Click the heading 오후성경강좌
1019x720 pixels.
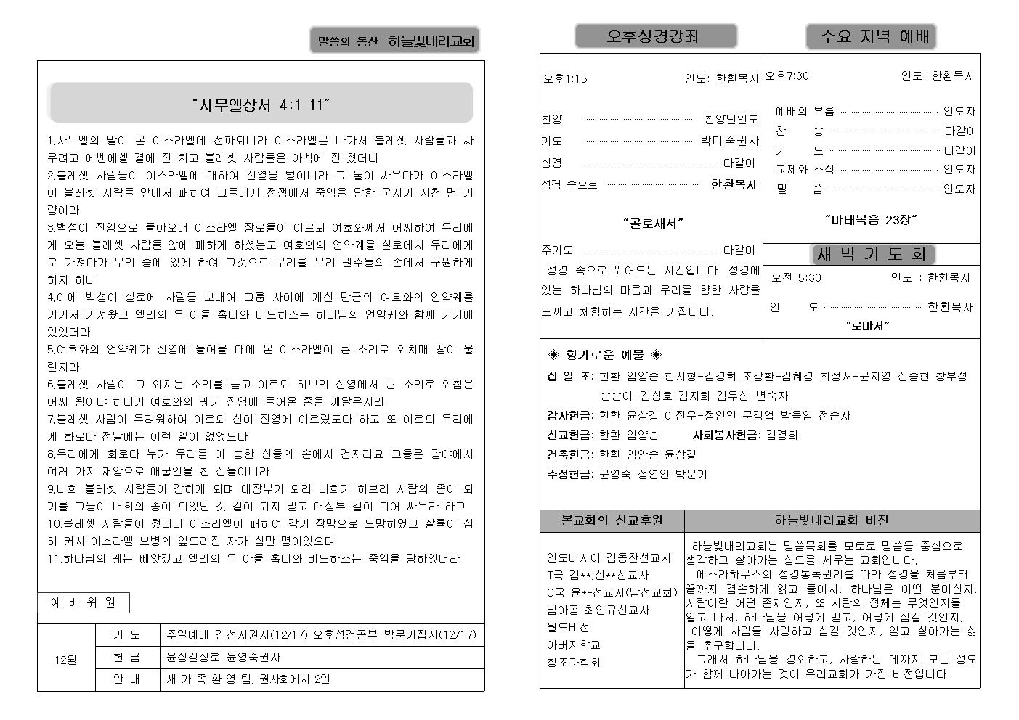[655, 36]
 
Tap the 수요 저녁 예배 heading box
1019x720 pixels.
[871, 36]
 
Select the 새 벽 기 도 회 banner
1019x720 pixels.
[872, 254]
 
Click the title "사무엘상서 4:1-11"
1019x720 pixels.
[261, 105]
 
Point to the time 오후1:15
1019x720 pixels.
[565, 78]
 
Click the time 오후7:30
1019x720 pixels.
[787, 75]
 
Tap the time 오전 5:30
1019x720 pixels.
[796, 277]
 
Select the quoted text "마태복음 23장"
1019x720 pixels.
[871, 218]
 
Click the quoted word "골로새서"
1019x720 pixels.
[653, 223]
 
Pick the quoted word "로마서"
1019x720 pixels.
[868, 326]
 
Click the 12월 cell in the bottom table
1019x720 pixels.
[65, 660]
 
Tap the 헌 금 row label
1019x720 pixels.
[127, 657]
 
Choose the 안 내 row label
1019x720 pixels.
[127, 679]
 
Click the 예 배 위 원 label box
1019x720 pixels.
[84, 602]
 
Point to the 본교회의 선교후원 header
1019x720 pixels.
[612, 520]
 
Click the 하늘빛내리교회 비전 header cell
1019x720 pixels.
[832, 520]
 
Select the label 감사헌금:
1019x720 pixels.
[570, 415]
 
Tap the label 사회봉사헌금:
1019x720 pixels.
[726, 435]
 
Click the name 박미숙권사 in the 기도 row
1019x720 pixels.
[730, 141]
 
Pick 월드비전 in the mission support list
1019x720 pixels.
[568, 627]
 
